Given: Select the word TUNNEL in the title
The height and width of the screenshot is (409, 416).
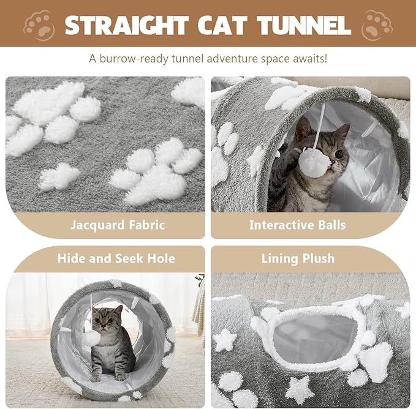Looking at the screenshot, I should (304, 25).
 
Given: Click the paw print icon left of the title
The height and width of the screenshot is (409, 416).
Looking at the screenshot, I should (39, 25).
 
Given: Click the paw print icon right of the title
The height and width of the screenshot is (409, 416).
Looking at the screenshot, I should (377, 25).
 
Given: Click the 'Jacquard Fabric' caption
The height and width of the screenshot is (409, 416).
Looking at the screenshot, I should (118, 225).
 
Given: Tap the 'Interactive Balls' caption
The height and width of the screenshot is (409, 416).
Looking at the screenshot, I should (297, 225).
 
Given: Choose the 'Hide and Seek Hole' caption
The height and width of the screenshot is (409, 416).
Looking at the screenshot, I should (116, 258).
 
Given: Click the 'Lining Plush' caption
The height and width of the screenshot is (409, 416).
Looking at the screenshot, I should (298, 258).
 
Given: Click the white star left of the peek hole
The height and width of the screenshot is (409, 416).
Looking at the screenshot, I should (225, 340).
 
